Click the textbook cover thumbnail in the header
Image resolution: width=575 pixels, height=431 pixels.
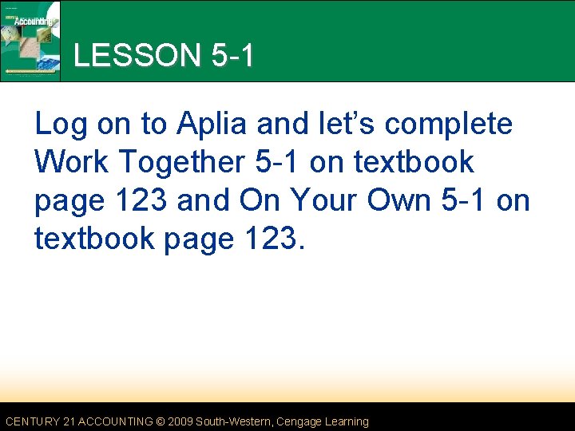[30, 41]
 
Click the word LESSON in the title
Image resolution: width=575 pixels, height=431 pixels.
[137, 56]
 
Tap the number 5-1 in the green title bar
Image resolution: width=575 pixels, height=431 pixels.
[232, 56]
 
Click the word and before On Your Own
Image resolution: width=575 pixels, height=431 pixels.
[204, 200]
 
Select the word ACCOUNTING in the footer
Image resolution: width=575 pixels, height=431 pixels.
[114, 421]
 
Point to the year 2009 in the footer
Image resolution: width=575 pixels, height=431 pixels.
[180, 421]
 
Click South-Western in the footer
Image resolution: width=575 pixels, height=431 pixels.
[235, 421]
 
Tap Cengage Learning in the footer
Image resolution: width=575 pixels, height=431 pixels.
[323, 421]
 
